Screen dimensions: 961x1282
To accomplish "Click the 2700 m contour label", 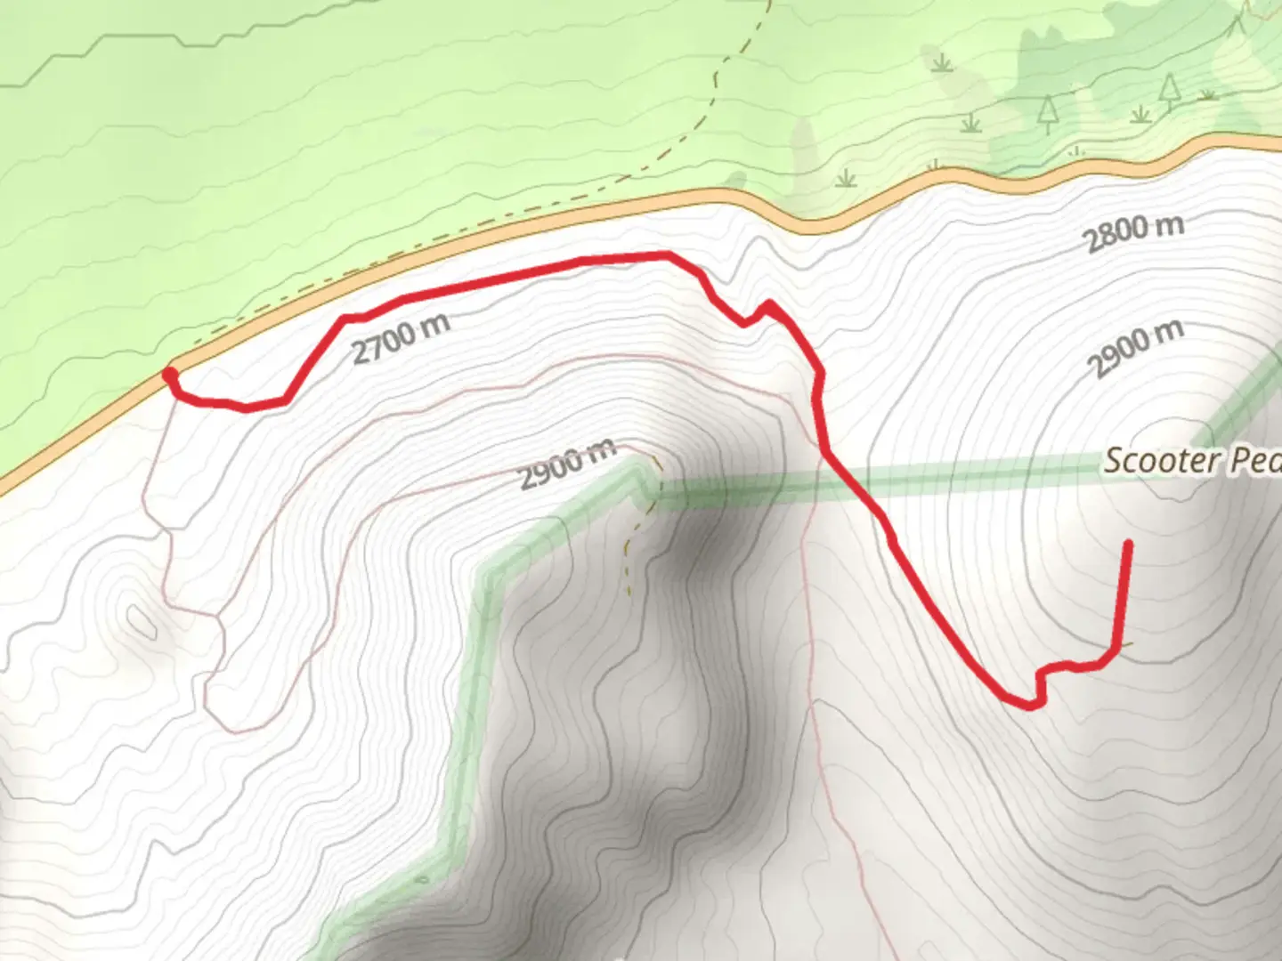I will tap(401, 338).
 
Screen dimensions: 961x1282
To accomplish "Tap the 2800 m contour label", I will tap(1132, 233).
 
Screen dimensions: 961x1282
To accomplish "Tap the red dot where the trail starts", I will tap(169, 376).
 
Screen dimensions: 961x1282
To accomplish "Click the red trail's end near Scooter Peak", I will tap(1129, 542).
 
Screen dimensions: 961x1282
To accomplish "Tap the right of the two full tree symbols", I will tap(1169, 88).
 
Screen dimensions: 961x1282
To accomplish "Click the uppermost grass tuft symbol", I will tap(942, 63).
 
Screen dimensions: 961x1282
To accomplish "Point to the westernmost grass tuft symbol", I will tap(844, 179).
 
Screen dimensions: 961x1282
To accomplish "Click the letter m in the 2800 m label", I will tap(1170, 224).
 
